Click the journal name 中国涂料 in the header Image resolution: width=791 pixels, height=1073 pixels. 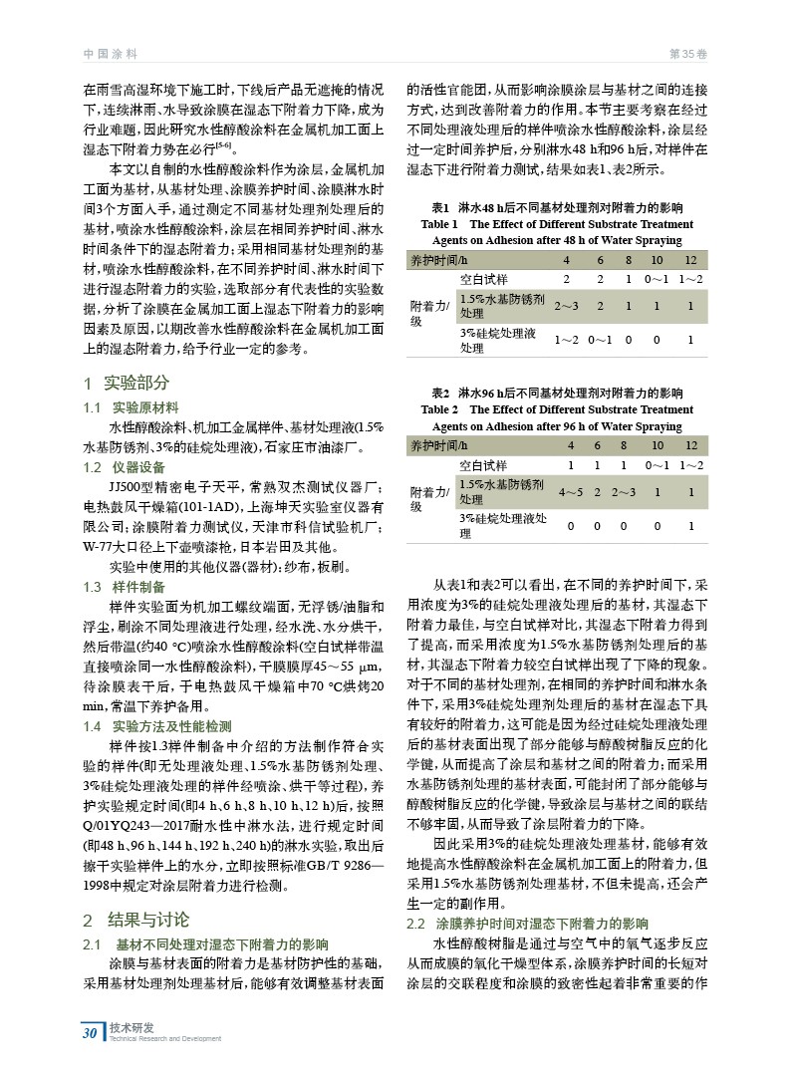(111, 53)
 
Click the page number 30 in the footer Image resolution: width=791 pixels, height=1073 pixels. (91, 1031)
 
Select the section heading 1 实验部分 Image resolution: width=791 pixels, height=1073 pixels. (127, 384)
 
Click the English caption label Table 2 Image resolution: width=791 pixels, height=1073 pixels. (440, 408)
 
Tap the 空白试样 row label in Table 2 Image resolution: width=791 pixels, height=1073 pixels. (483, 465)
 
